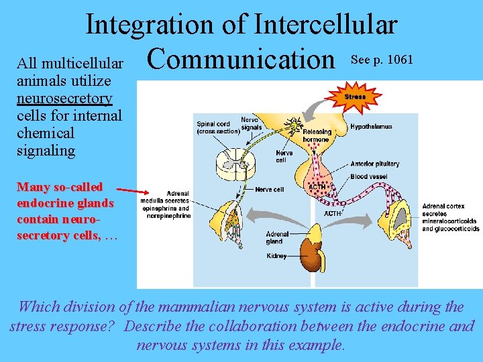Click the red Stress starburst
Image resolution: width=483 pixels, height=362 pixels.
(355, 97)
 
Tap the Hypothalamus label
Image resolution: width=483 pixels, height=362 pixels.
(371, 127)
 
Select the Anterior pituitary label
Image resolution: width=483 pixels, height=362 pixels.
(374, 164)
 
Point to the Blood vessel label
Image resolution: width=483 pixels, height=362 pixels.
(368, 177)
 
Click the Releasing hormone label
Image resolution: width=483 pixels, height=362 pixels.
(317, 135)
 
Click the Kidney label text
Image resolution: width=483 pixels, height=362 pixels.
(276, 256)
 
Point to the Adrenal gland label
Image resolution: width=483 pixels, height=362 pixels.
(277, 238)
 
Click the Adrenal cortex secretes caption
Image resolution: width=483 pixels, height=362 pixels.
(450, 217)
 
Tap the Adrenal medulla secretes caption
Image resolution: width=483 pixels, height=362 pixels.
(165, 204)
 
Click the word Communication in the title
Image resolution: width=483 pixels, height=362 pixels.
(241, 59)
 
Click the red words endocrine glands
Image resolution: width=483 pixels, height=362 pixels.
(65, 202)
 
